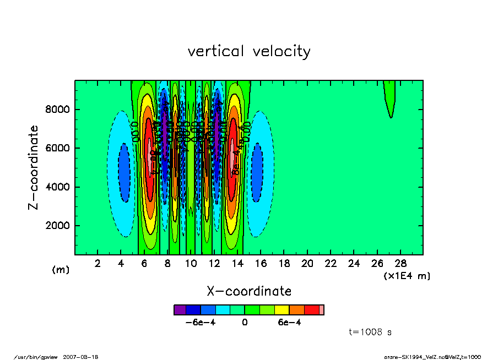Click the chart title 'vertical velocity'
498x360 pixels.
coord(249,52)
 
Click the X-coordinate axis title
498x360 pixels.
coord(249,291)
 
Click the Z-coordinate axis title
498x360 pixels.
coord(34,167)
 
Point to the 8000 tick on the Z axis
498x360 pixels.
coord(57,110)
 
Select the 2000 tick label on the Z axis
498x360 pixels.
coord(57,226)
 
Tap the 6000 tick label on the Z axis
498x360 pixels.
coord(57,148)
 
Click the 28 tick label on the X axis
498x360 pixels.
coord(401,263)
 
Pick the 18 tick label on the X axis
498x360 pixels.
coord(284,263)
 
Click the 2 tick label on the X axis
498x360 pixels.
coord(98,263)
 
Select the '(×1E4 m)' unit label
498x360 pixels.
coord(407,276)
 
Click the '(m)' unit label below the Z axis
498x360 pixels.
coord(61,270)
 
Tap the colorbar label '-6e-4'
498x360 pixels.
coord(200,323)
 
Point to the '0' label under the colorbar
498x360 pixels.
coord(245,323)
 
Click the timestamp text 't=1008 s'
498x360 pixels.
coord(370,332)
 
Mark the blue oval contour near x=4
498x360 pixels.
coord(124,172)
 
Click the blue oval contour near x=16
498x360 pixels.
coord(257,172)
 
